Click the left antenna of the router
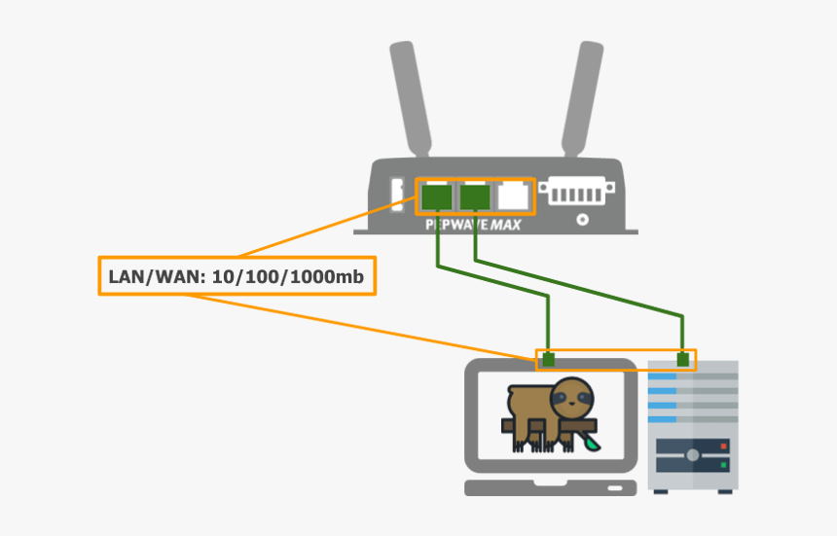point(410,97)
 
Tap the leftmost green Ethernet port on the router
point(437,197)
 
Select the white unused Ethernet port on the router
point(513,197)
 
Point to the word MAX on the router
point(505,225)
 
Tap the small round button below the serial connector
point(582,219)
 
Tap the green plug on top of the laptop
point(549,360)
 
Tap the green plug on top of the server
point(684,360)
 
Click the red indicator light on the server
point(723,445)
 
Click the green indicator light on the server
point(723,465)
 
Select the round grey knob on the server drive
point(691,454)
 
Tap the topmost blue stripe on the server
point(662,374)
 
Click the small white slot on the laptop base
point(614,486)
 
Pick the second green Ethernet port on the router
point(474,197)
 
